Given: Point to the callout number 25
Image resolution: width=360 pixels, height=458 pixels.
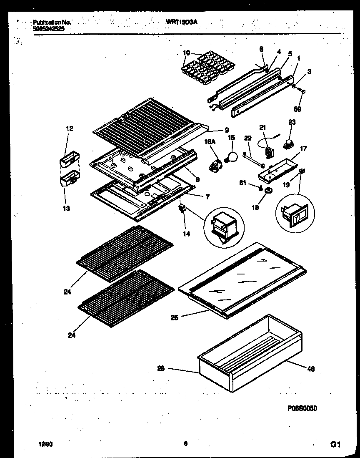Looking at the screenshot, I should [x=175, y=317].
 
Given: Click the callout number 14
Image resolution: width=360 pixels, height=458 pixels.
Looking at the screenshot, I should [x=186, y=234].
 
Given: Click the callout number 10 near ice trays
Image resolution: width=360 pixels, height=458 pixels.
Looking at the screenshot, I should [x=186, y=53].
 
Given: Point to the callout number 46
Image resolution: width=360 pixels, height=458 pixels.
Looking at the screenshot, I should [x=311, y=368].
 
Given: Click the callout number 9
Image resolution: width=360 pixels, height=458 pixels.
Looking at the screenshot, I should [x=226, y=129].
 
